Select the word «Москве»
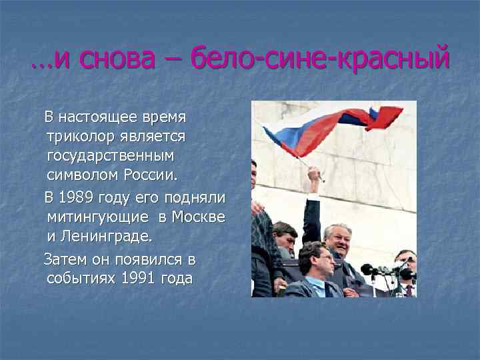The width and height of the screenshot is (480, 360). [x=198, y=217]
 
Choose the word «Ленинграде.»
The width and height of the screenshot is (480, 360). [x=106, y=237]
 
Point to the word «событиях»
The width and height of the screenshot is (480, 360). [x=82, y=278]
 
